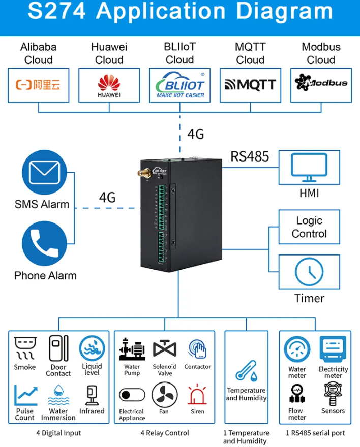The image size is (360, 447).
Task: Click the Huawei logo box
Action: pyautogui.click(x=109, y=85)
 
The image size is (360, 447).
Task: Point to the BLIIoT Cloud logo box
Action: pyautogui.click(x=179, y=85)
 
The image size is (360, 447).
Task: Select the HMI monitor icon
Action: pyautogui.click(x=309, y=168)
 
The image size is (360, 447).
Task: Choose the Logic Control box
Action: pyautogui.click(x=309, y=228)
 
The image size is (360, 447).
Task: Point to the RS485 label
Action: pyautogui.click(x=250, y=156)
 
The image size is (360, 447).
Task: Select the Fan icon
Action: pyautogui.click(x=164, y=395)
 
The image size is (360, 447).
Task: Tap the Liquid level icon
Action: pyautogui.click(x=92, y=349)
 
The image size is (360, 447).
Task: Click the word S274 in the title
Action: pyautogui.click(x=57, y=12)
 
